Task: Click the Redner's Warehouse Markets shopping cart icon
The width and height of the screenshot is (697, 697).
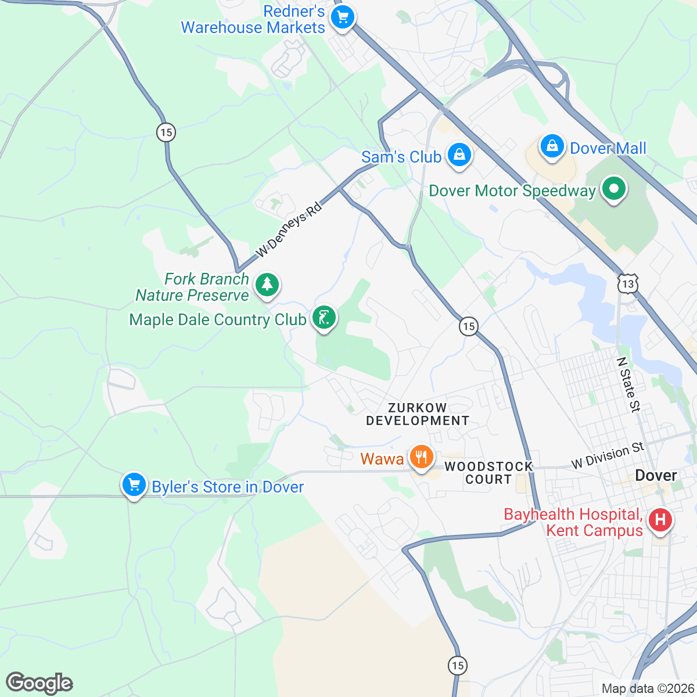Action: click(343, 17)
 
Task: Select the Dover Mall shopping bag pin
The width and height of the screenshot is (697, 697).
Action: click(552, 146)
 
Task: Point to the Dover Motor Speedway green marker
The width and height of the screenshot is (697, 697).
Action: click(613, 189)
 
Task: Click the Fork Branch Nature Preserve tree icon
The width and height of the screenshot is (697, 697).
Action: click(267, 285)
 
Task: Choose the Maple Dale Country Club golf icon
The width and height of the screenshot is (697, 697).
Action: click(324, 318)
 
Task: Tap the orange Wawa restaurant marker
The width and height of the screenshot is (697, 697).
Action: click(421, 457)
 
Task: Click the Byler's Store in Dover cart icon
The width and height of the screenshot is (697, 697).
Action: click(134, 484)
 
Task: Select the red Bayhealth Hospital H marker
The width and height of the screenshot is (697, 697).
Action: click(660, 519)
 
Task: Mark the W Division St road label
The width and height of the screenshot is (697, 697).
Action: click(608, 455)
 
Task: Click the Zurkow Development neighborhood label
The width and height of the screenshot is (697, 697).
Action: click(418, 414)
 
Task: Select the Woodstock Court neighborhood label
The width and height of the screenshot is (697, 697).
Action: click(488, 473)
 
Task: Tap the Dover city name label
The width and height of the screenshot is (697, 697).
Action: click(656, 476)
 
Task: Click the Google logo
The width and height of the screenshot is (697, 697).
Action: click(39, 683)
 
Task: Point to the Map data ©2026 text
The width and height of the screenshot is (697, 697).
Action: click(647, 688)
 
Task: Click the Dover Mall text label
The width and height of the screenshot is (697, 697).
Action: click(608, 148)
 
